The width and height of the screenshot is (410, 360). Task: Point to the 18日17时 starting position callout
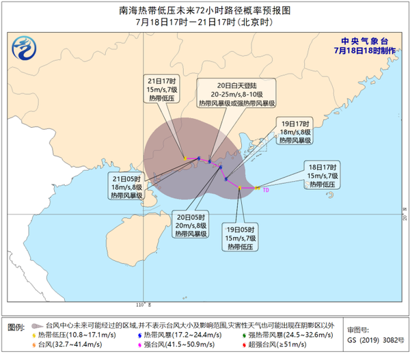[320, 176]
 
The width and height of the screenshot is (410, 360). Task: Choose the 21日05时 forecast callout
[126, 186]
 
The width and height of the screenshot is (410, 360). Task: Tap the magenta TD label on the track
[265, 190]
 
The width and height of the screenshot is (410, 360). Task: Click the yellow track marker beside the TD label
[256, 188]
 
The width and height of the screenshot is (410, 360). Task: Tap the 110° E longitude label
[141, 304]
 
